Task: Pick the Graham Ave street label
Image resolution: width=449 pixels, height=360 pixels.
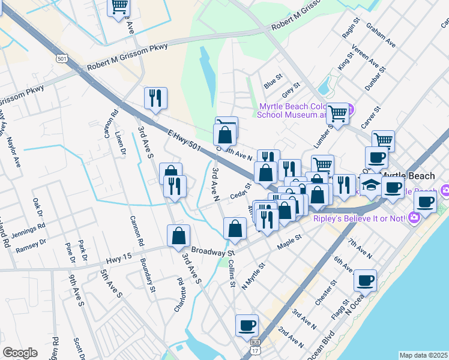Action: tap(381, 35)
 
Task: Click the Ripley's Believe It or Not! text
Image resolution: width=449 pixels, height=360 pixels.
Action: tap(359, 218)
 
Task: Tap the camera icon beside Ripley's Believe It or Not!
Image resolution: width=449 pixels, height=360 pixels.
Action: tap(413, 218)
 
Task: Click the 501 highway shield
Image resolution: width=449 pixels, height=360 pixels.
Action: tap(61, 58)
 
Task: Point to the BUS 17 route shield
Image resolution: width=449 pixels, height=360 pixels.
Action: tap(255, 344)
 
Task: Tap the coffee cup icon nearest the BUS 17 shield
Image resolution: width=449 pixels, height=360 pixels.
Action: tap(247, 325)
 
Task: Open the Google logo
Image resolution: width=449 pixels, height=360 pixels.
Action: tap(20, 353)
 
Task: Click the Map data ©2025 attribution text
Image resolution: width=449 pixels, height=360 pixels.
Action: tap(423, 355)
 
